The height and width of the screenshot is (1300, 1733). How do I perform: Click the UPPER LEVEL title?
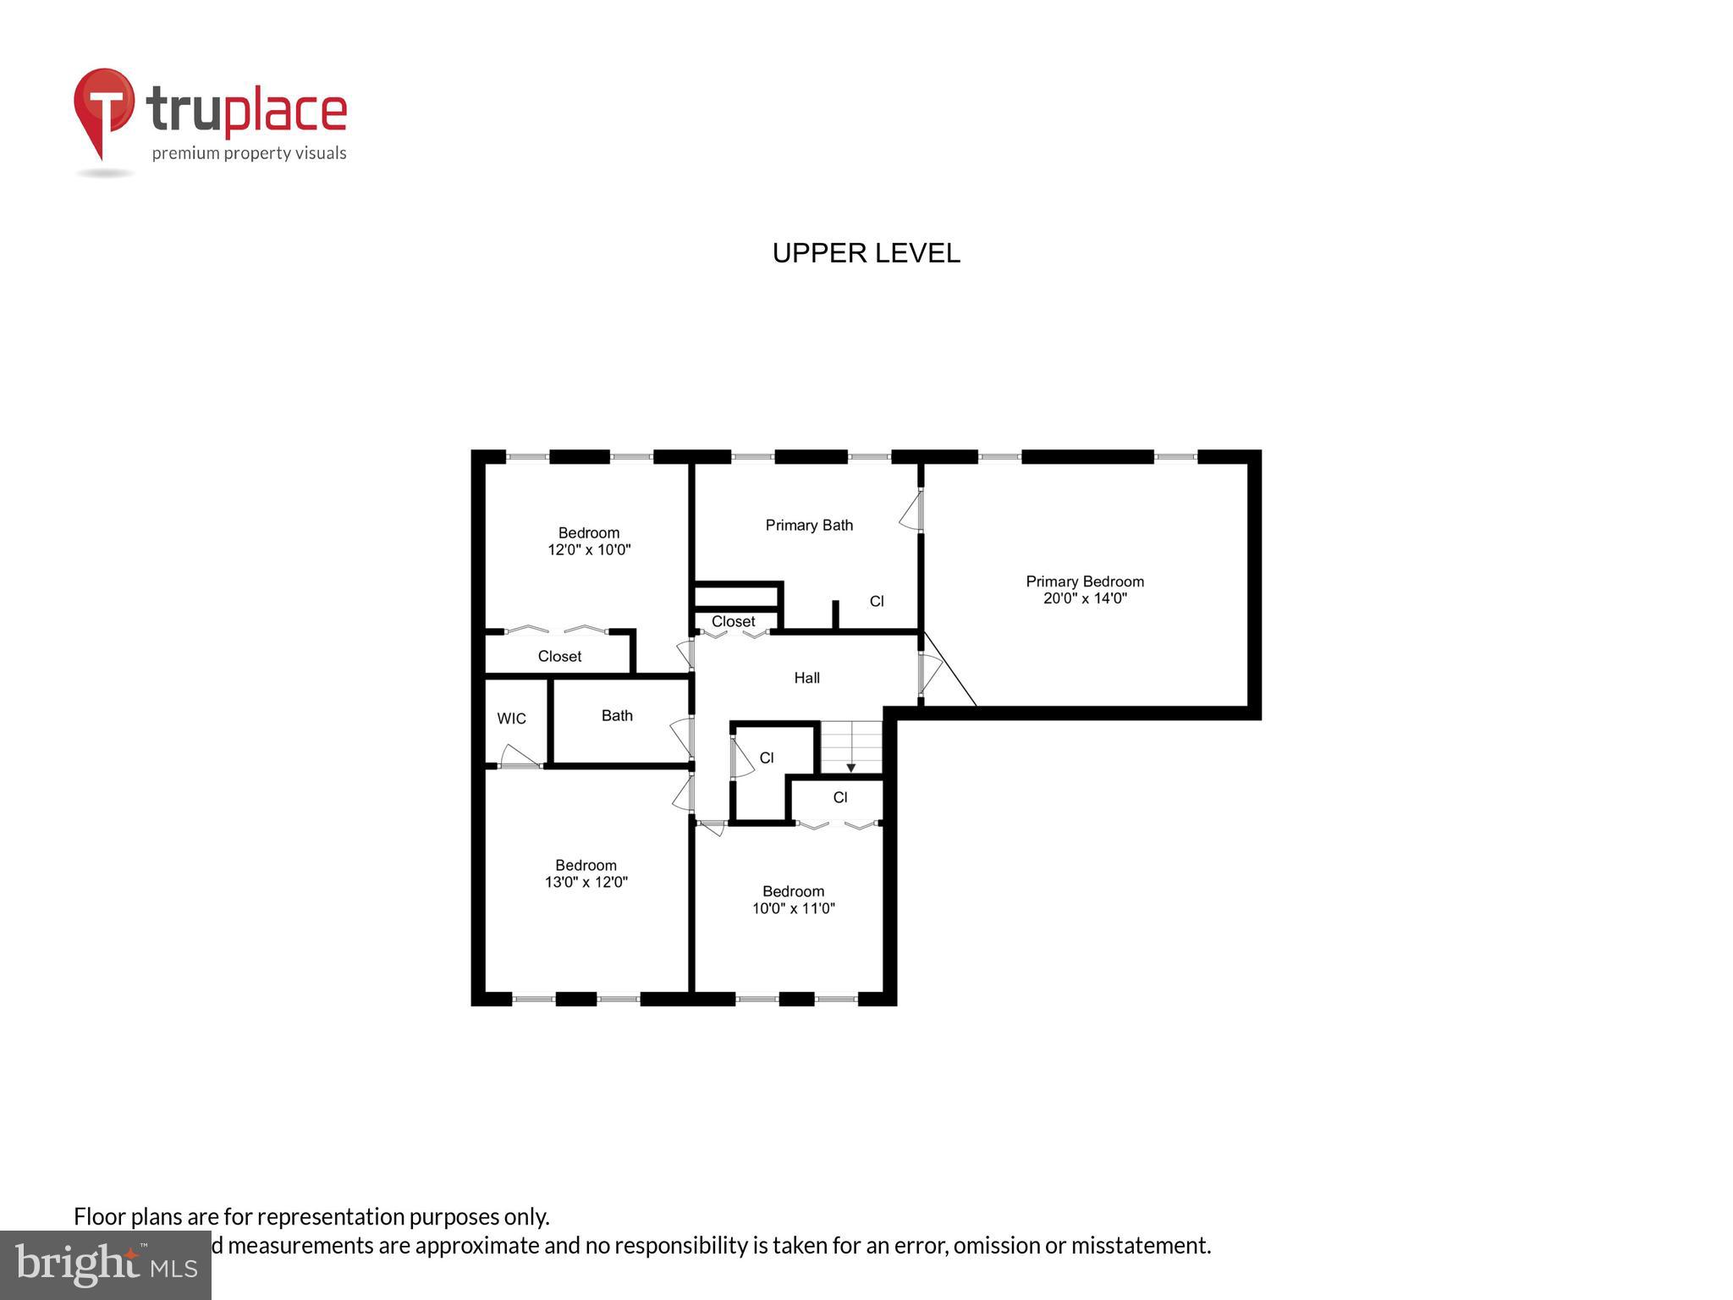pyautogui.click(x=866, y=253)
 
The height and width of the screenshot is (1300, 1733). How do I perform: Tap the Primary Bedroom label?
pyautogui.click(x=1085, y=581)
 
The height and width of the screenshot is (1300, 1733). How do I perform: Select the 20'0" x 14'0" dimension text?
pyautogui.click(x=1085, y=598)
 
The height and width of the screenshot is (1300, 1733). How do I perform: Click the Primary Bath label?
pyautogui.click(x=809, y=526)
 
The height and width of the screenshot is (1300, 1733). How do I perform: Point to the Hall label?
pyautogui.click(x=806, y=678)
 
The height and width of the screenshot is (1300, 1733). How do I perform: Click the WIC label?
pyautogui.click(x=511, y=719)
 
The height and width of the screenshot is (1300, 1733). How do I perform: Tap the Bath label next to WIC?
pyautogui.click(x=617, y=716)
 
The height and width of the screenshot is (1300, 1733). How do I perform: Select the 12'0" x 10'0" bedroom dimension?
pyautogui.click(x=589, y=550)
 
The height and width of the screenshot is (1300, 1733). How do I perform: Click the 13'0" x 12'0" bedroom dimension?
pyautogui.click(x=586, y=882)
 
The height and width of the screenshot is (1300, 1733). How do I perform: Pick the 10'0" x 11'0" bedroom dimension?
pyautogui.click(x=793, y=908)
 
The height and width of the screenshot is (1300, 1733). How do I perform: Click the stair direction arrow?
pyautogui.click(x=851, y=767)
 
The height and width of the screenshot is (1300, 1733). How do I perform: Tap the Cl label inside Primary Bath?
pyautogui.click(x=877, y=602)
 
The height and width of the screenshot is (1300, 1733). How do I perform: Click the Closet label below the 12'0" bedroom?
pyautogui.click(x=559, y=657)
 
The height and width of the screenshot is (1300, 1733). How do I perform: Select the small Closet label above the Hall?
pyautogui.click(x=733, y=621)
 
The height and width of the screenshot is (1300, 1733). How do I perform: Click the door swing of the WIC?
pyautogui.click(x=518, y=757)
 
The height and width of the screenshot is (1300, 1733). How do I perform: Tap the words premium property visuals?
pyautogui.click(x=249, y=153)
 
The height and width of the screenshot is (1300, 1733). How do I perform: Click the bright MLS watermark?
pyautogui.click(x=105, y=1265)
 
